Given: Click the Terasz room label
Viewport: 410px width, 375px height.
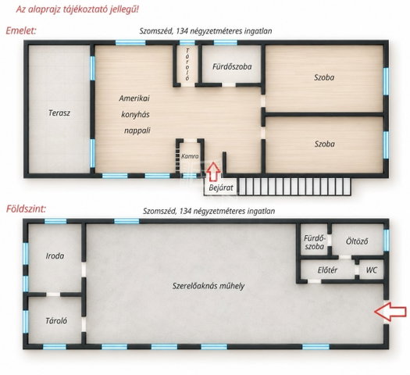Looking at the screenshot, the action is pos(59,113).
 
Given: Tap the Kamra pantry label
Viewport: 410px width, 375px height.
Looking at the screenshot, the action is pos(190,156).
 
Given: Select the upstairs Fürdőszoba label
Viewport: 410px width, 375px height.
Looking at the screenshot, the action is pos(232,66).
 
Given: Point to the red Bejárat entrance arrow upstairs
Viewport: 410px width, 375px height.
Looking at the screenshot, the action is pos(213,172).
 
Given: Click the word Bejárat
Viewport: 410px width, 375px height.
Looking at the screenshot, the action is pos(221,187).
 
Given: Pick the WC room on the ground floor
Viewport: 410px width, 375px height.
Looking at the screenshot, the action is pos(372,270).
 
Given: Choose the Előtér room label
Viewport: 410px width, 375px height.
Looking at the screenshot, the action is pos(327,270).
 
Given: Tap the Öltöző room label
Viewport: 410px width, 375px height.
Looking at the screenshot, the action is pos(357,241).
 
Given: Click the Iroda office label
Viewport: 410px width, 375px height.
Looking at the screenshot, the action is pos(55,255).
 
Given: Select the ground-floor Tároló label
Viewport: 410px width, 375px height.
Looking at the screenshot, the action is pos(56,320).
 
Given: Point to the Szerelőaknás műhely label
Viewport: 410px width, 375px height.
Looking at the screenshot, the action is pos(209,286).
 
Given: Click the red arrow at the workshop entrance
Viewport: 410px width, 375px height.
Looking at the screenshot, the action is pos(390,312).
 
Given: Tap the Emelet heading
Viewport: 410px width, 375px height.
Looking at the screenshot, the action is pos(21,30).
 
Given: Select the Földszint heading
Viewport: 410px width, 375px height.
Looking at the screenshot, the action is pos(26,209).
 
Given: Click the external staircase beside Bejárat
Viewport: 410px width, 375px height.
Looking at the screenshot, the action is pos(294,187).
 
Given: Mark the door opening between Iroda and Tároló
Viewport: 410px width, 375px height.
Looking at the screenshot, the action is pos(53,295).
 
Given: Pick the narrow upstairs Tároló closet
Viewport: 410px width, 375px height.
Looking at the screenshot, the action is pos(187,65).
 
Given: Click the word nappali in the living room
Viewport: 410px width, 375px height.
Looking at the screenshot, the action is pos(137,130).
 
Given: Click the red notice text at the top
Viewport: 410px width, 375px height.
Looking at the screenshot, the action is pos(77,9).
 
